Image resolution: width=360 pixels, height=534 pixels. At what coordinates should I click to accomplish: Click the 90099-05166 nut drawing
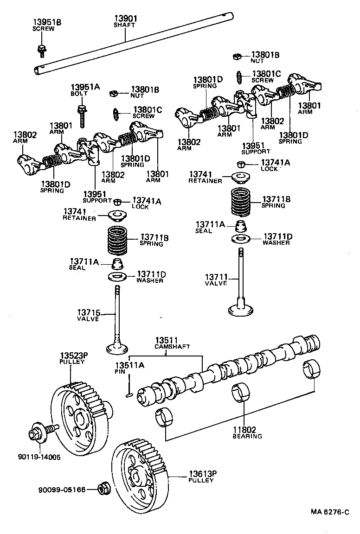103,489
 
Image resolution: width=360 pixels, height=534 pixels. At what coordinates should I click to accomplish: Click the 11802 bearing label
247,433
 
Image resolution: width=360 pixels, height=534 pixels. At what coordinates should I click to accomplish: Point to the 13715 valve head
117,347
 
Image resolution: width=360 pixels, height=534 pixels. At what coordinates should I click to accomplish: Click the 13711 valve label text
216,280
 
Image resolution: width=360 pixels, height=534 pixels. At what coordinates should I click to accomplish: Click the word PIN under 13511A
120,372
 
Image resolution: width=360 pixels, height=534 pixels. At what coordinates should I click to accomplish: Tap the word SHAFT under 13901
124,25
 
